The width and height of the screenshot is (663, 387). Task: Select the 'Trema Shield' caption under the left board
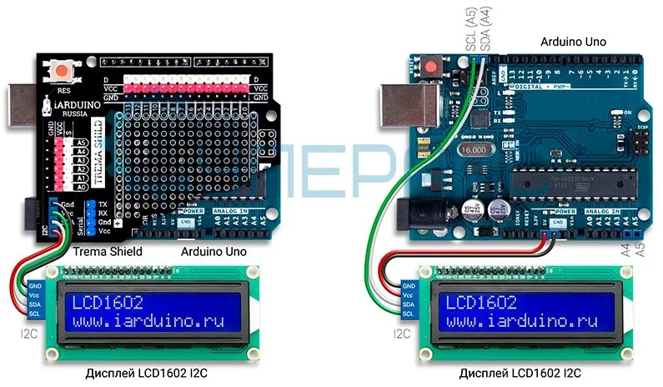tap(108, 251)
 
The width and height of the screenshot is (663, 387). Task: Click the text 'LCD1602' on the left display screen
tap(105, 302)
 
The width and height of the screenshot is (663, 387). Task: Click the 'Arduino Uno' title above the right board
tap(572, 41)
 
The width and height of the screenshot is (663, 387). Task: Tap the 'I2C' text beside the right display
tap(401, 334)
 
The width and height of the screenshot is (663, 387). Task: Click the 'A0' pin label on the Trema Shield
tap(80, 188)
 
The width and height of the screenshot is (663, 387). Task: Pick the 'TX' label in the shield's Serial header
tap(102, 204)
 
